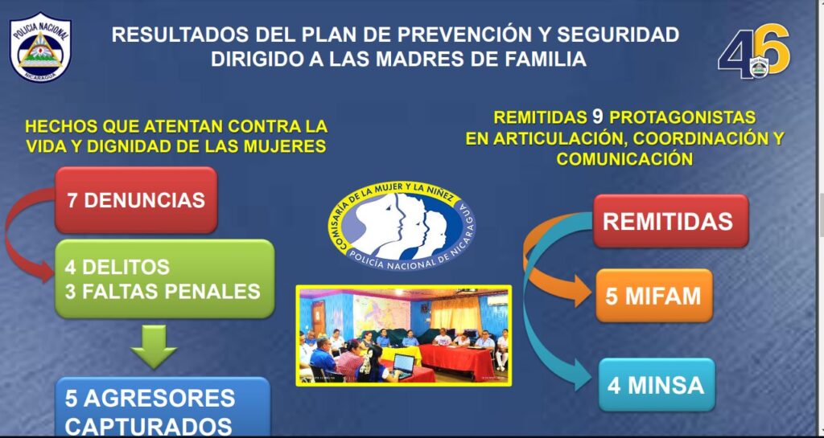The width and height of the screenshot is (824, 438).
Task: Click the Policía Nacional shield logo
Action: (40, 47)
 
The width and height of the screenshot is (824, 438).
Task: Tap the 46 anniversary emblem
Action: (754, 51)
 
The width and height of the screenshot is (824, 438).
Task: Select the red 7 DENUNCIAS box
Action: (136, 200)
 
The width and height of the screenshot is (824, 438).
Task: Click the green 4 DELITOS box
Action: (164, 279)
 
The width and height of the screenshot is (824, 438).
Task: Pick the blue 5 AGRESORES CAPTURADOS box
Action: (163, 407)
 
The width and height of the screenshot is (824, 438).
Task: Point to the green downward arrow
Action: (154, 346)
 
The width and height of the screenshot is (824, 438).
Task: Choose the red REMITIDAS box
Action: (671, 221)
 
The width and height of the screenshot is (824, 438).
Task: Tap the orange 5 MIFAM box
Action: (654, 296)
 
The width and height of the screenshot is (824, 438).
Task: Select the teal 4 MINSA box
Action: (657, 385)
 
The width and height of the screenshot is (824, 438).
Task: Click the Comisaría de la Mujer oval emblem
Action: (402, 226)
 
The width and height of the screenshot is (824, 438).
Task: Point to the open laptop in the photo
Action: (403, 365)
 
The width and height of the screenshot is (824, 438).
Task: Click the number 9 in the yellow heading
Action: (598, 117)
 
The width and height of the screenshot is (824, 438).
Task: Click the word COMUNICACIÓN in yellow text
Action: (624, 158)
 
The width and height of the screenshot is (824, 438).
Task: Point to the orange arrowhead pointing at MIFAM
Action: (581, 291)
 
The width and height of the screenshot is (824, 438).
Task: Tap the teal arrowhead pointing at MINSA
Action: (583, 374)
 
